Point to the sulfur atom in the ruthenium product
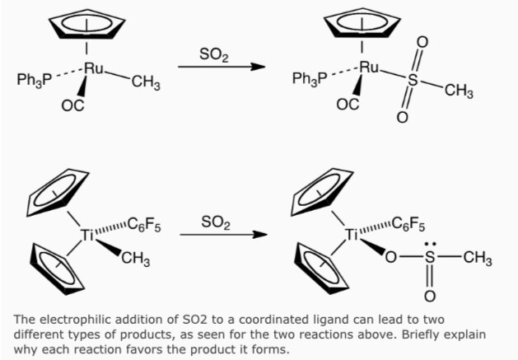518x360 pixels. [413, 81]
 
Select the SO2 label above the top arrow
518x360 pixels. [213, 55]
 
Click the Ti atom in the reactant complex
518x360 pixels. [89, 235]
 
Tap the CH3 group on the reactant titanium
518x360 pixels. [135, 259]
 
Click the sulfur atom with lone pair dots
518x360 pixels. [429, 259]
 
